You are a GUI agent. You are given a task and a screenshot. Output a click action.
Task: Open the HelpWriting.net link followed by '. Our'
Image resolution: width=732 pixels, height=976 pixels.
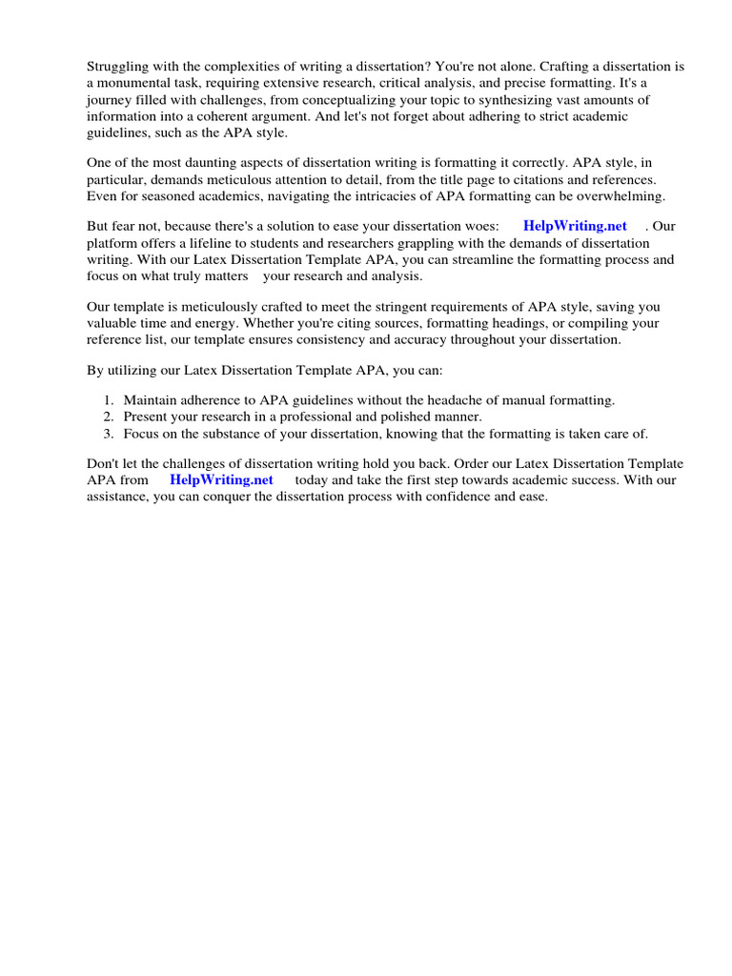[575, 227]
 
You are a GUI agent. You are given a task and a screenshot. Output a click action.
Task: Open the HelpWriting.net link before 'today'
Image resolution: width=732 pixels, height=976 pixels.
[221, 480]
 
